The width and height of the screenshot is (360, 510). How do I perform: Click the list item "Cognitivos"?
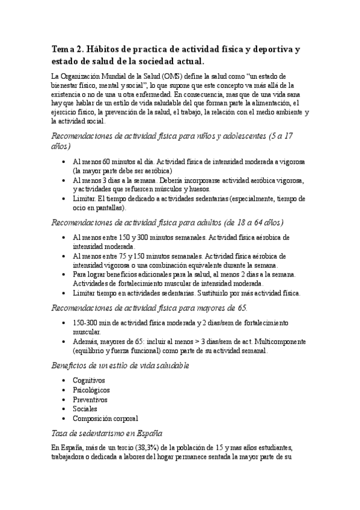tap(88, 381)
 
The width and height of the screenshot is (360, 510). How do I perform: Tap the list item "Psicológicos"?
tap(91, 390)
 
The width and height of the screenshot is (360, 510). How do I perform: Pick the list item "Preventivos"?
tap(90, 399)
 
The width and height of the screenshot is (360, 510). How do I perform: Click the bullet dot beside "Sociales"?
tap(64, 408)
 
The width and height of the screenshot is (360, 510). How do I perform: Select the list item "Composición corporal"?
tap(105, 418)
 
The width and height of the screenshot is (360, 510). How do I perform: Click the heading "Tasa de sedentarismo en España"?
tap(107, 433)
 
